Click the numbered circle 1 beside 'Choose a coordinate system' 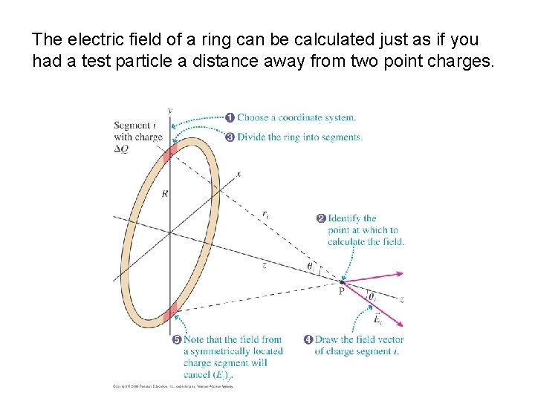coord(230,117)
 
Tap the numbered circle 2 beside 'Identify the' coord(321,218)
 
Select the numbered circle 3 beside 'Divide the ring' coord(230,137)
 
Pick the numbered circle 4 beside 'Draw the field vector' coord(308,339)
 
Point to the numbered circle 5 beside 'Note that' coord(177,340)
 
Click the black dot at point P coord(342,282)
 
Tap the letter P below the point coord(341,292)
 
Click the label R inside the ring coord(164,193)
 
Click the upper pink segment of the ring coord(170,151)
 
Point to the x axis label coord(239,174)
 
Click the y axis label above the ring coord(170,111)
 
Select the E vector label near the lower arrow coord(377,319)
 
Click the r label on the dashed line coord(265,215)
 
